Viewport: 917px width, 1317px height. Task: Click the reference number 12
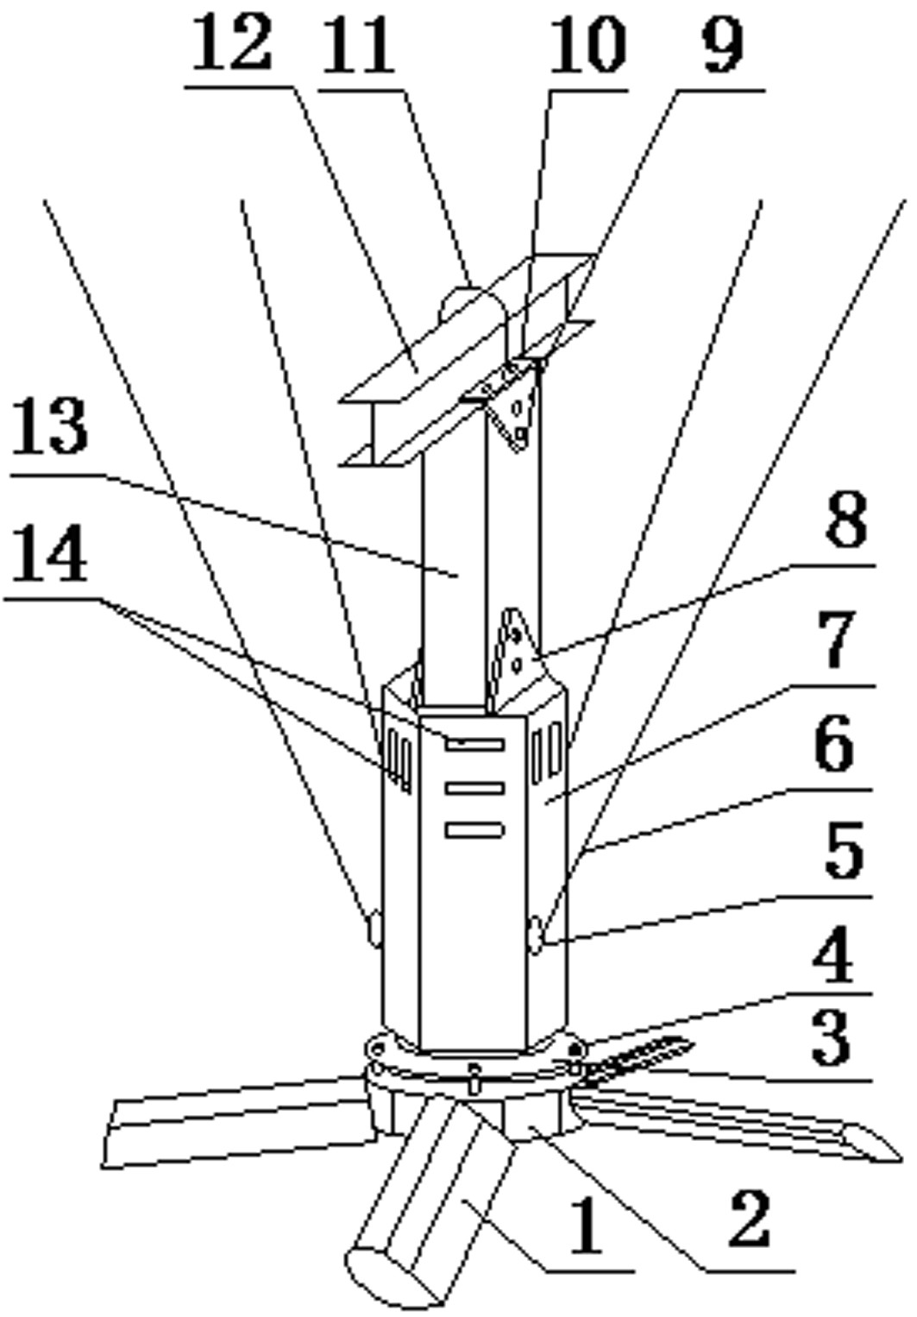(x=231, y=43)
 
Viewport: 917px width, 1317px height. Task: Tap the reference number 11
(x=357, y=45)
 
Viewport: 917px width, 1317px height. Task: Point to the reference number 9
(x=723, y=44)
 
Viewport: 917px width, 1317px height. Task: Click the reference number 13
(x=50, y=425)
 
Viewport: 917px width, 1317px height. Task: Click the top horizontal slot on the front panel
(x=474, y=744)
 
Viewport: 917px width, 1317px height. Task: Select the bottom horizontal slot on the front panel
(x=474, y=829)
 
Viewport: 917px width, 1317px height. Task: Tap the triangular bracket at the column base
(x=521, y=658)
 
